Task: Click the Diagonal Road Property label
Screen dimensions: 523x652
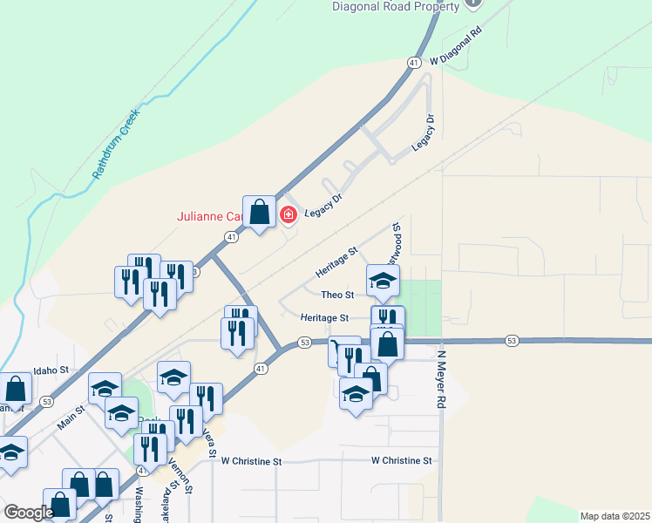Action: point(396,7)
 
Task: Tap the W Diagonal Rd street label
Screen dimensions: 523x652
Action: point(456,48)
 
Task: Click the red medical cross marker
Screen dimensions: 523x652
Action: point(289,214)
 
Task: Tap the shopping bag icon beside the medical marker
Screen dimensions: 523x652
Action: point(259,212)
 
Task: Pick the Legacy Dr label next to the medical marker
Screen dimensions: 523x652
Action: point(323,206)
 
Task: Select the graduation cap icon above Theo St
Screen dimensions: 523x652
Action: point(383,281)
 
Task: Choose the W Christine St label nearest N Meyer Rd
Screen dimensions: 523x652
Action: point(401,460)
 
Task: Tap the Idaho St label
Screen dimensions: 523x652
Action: point(51,370)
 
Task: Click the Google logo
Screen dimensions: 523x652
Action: point(29,512)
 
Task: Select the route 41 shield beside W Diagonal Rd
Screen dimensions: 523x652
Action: point(414,62)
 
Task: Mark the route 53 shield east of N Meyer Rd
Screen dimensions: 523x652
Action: point(512,340)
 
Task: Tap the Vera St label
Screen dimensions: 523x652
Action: point(209,444)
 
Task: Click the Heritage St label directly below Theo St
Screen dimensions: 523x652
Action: point(324,318)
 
